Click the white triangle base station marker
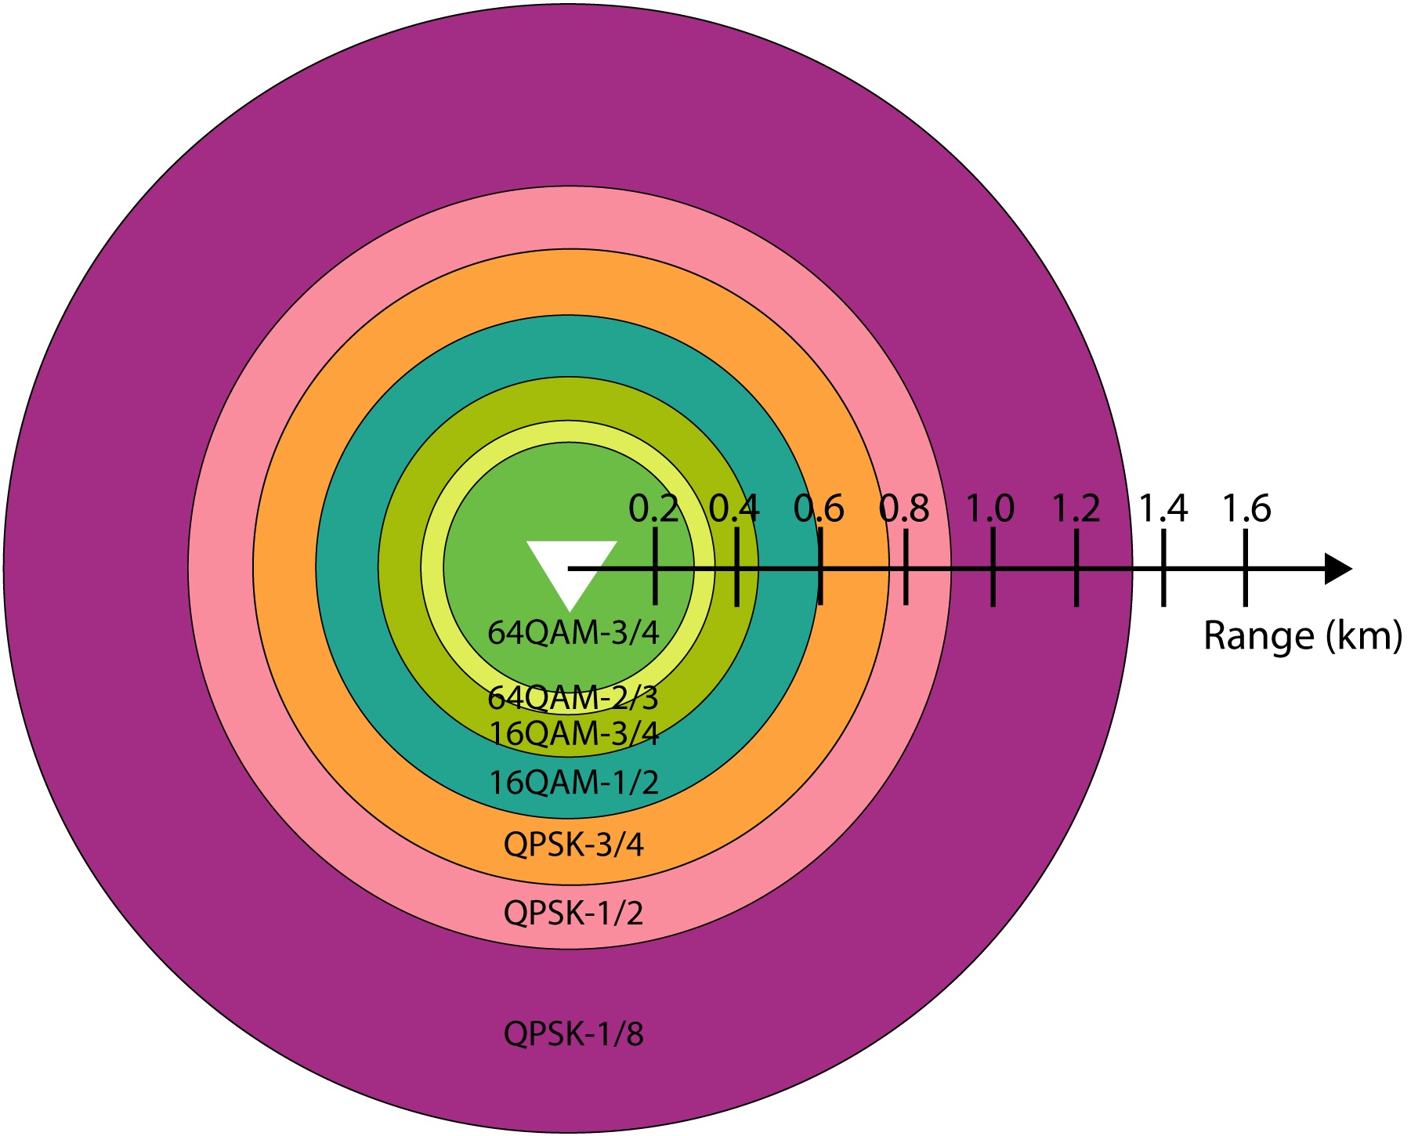click(x=571, y=568)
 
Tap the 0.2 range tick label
click(x=653, y=509)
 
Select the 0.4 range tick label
click(x=734, y=509)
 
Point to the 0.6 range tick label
click(x=819, y=509)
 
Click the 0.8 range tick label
click(x=904, y=509)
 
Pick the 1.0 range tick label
click(x=990, y=509)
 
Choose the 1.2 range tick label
click(x=1076, y=509)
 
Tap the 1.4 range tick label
click(x=1163, y=509)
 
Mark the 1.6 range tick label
click(x=1246, y=509)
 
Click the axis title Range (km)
click(x=1302, y=636)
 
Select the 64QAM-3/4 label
click(x=573, y=632)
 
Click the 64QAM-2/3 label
click(x=573, y=696)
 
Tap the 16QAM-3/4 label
click(x=573, y=733)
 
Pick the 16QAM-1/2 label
click(x=573, y=782)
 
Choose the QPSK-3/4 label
click(x=573, y=845)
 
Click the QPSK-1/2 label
click(x=573, y=914)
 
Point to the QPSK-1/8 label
click(x=573, y=1034)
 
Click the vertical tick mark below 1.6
click(x=1246, y=568)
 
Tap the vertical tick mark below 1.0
click(x=993, y=568)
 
